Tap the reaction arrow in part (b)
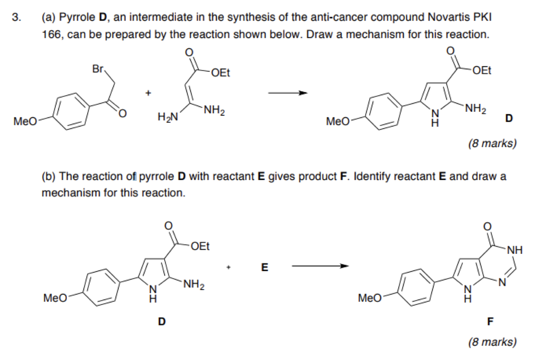pyautogui.click(x=320, y=266)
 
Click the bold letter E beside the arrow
pyautogui.click(x=264, y=268)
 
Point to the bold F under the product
pyautogui.click(x=489, y=321)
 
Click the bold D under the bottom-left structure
pyautogui.click(x=161, y=321)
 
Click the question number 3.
pyautogui.click(x=16, y=18)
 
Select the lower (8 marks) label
pyautogui.click(x=493, y=342)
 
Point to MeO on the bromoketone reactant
pyautogui.click(x=25, y=121)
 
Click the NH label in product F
pyautogui.click(x=514, y=249)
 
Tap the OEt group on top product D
pyautogui.click(x=482, y=70)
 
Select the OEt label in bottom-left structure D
pyautogui.click(x=199, y=246)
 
